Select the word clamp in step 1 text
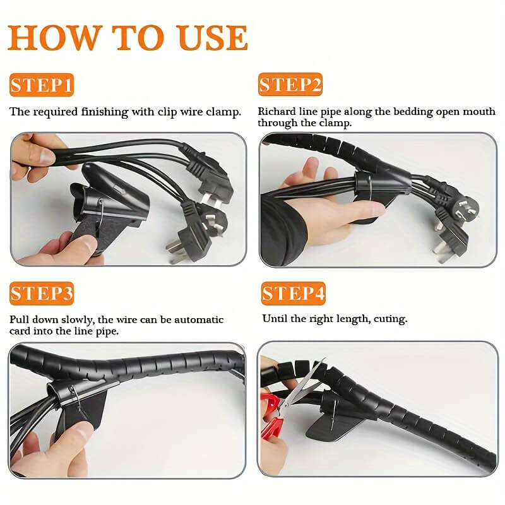point(225,112)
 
